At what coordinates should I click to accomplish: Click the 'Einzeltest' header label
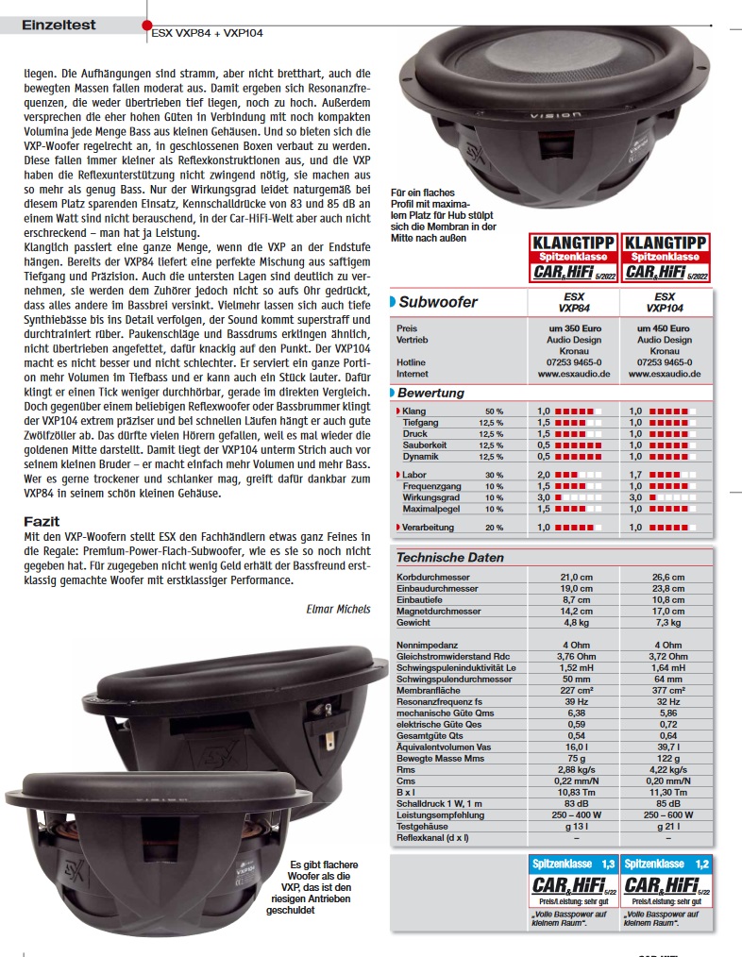point(59,25)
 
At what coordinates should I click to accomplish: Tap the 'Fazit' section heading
point(42,521)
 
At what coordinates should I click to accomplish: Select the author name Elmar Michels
point(339,609)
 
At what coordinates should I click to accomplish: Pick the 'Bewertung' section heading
point(430,392)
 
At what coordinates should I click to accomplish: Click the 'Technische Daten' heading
point(450,557)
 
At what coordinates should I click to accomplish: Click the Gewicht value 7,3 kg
point(667,623)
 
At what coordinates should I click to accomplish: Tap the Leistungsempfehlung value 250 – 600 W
point(667,814)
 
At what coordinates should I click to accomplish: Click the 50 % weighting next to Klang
point(494,411)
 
